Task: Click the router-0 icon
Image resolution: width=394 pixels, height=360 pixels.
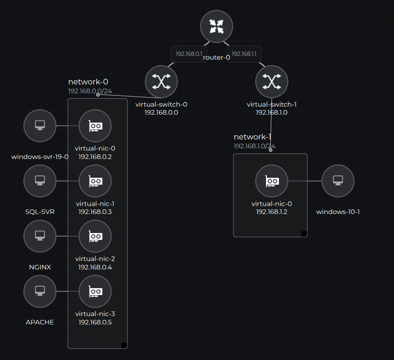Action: coord(217,26)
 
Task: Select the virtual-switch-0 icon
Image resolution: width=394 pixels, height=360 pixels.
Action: coord(161,81)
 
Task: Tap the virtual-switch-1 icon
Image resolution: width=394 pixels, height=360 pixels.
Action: coord(272,81)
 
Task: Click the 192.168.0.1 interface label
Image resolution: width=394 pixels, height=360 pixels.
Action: coord(189,54)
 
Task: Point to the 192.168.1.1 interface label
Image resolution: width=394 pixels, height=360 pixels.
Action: coord(244,54)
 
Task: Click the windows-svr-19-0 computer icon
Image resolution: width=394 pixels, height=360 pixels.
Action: coord(40,125)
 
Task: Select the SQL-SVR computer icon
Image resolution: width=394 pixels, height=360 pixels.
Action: coord(40,181)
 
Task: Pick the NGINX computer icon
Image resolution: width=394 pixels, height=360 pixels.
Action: coord(40,236)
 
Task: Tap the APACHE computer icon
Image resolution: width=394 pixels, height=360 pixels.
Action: coord(40,291)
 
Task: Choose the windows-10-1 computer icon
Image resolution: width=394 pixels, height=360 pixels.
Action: coord(338,181)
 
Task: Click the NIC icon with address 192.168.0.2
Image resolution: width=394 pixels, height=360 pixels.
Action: coord(95,126)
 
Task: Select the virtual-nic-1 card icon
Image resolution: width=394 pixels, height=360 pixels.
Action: coord(95,181)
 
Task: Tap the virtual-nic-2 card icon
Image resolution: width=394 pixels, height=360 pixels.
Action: coord(95,236)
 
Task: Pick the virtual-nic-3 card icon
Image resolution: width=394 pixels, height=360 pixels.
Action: coord(95,291)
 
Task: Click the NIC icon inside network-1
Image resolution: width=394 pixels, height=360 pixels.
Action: coord(272,181)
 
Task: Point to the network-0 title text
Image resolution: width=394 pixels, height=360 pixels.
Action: coord(88,82)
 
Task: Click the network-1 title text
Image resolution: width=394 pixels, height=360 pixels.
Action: coord(253,137)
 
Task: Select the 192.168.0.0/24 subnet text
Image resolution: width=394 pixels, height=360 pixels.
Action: coord(90,91)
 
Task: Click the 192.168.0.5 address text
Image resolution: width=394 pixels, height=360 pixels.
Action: coord(95,322)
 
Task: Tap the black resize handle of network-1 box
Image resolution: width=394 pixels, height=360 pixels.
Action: coord(304,234)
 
